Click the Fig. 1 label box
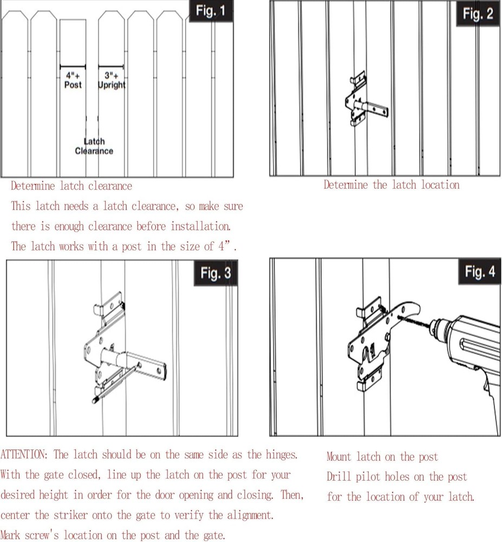click(211, 12)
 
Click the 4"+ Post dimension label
click(73, 81)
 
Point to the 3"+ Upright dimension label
click(112, 81)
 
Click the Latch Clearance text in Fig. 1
click(94, 146)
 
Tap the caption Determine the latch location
click(391, 185)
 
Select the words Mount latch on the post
click(382, 457)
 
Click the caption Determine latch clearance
click(71, 186)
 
